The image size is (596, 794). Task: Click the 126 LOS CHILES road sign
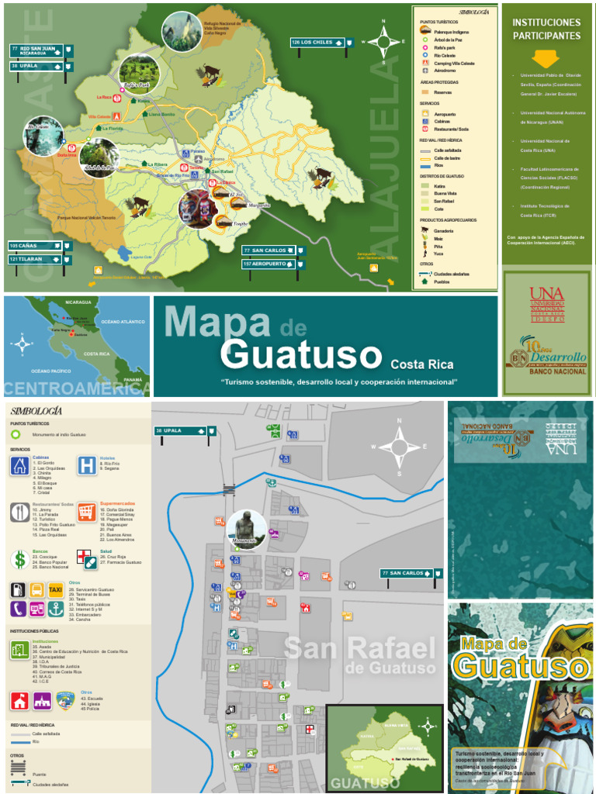[x=318, y=42]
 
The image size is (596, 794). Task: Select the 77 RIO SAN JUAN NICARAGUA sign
[x=36, y=51]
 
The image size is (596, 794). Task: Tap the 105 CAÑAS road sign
[x=36, y=246]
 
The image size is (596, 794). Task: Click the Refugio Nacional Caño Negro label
[x=223, y=29]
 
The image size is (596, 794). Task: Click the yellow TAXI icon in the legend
[x=56, y=589]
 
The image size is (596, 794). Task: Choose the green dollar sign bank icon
[x=19, y=559]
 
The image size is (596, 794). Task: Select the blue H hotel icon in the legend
[x=87, y=465]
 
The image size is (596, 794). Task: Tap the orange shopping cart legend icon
[x=87, y=513]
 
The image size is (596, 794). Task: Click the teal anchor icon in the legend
[x=56, y=609]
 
